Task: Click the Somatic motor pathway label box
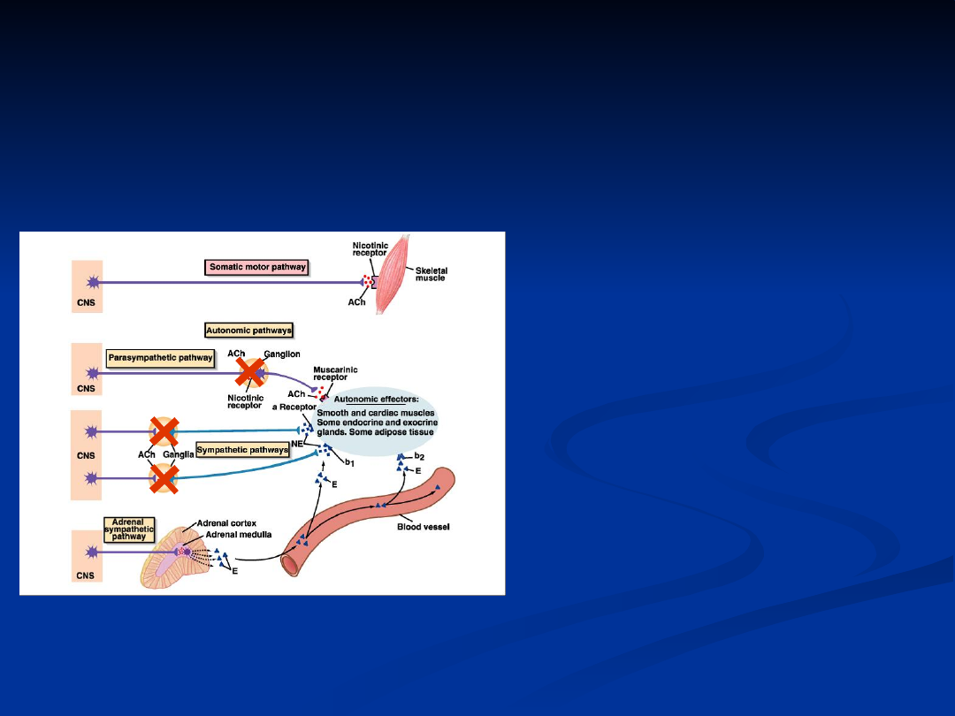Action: point(256,266)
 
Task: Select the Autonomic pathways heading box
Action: point(248,330)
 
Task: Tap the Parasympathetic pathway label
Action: point(160,358)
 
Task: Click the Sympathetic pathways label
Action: point(242,450)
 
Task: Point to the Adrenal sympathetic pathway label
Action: point(129,529)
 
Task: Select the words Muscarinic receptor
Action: point(335,375)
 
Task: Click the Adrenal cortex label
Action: point(227,523)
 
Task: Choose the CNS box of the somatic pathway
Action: point(88,285)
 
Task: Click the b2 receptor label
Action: point(419,457)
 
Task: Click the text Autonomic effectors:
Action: point(375,400)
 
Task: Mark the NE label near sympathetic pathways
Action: point(297,445)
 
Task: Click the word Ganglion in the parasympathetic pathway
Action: point(282,354)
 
